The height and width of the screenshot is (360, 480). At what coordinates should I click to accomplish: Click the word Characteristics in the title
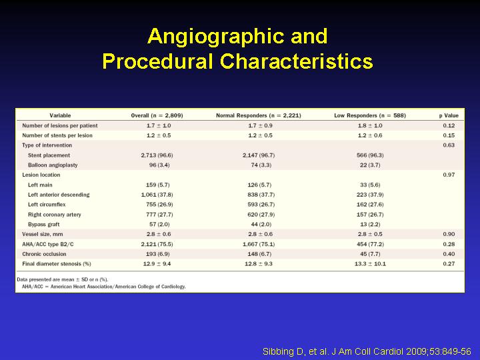tap(296, 61)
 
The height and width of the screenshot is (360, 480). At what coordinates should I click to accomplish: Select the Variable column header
tap(60, 115)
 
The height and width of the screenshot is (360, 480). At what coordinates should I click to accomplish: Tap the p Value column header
tap(449, 115)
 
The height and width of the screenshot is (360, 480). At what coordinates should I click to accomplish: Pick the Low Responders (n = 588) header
tap(370, 115)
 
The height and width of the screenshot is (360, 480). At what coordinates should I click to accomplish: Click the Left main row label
tap(40, 185)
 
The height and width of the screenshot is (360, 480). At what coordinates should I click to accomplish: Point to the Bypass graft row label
tap(44, 225)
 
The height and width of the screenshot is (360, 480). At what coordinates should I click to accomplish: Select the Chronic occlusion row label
tap(44, 254)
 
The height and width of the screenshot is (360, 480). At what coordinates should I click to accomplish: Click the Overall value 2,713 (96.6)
tap(157, 155)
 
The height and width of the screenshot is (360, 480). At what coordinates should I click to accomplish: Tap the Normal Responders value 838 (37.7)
tap(261, 195)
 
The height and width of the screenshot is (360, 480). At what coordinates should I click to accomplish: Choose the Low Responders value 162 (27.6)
tap(370, 205)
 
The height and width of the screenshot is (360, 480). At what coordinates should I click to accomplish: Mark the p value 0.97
tap(449, 175)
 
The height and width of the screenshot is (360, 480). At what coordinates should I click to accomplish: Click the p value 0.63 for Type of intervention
tap(449, 145)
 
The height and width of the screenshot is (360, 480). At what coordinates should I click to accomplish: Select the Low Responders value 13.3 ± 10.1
tap(370, 264)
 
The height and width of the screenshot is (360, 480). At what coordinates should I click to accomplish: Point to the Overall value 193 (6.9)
tap(158, 254)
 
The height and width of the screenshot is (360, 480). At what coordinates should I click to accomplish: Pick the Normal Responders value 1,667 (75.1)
tap(259, 244)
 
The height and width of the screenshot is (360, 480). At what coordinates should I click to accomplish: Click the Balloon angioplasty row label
tap(53, 165)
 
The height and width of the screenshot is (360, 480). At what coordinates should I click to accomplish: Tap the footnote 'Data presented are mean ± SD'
tap(63, 279)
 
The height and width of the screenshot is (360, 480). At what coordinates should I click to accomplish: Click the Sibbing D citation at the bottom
tap(367, 351)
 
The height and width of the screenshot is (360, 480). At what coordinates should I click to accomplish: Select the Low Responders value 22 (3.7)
tap(370, 165)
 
